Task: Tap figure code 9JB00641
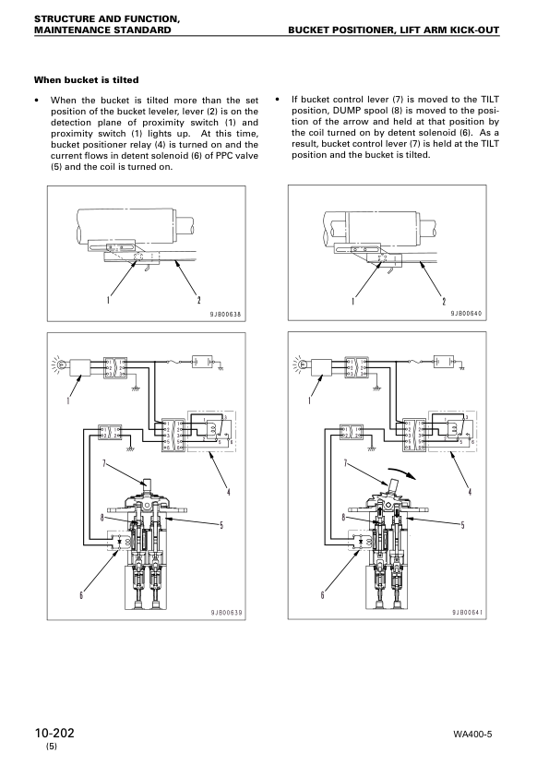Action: click(x=471, y=613)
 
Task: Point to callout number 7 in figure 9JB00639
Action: click(x=105, y=460)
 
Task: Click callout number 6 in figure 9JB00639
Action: click(x=81, y=594)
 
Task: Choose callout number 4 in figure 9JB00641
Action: click(x=470, y=490)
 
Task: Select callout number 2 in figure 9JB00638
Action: click(x=199, y=301)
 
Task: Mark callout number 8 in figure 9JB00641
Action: click(x=344, y=519)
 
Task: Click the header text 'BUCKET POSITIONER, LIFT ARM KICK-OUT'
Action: click(x=394, y=30)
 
